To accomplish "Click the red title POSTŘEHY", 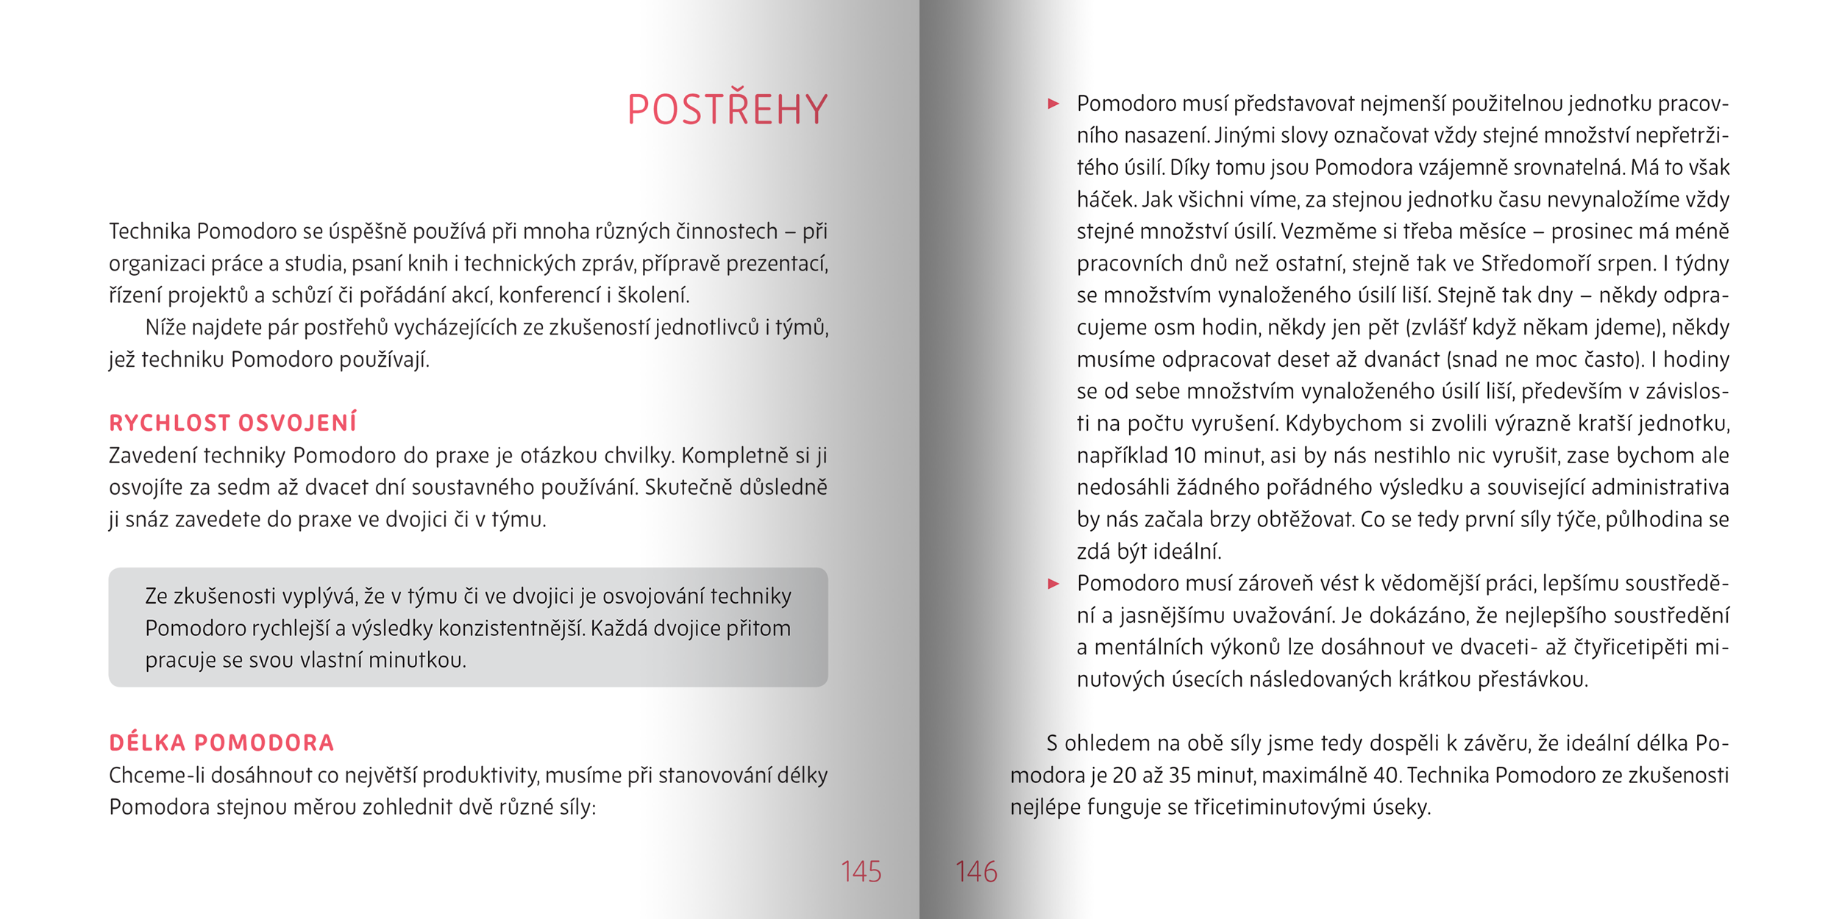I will click(x=728, y=110).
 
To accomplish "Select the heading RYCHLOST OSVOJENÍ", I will click(x=232, y=423).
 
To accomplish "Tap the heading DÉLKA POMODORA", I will click(x=221, y=743).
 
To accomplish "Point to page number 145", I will click(x=861, y=872).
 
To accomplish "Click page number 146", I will click(x=976, y=872).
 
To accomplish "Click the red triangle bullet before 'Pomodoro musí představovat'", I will click(x=1053, y=104).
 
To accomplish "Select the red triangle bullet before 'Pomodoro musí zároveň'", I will click(x=1053, y=584).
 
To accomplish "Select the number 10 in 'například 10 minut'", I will click(x=1185, y=456).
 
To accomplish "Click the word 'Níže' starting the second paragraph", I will click(x=165, y=328).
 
